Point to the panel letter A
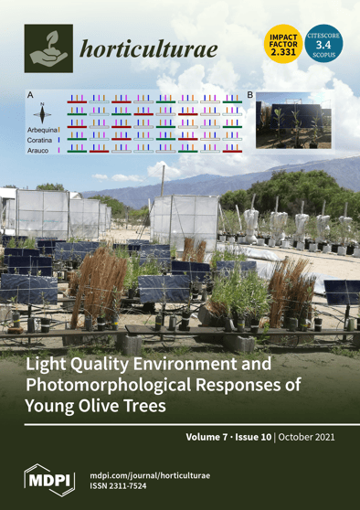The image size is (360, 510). point(30,95)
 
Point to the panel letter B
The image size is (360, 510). point(250,95)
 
